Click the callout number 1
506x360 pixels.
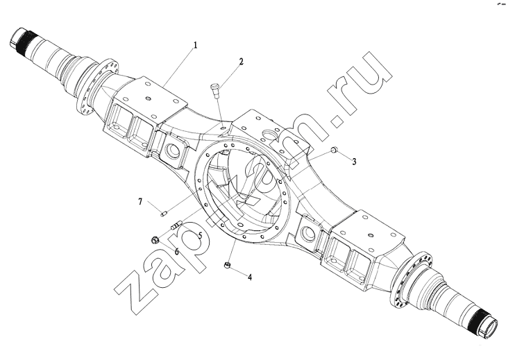point(195,45)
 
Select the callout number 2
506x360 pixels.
point(241,62)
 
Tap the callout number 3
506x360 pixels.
point(354,162)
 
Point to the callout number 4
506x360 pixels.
point(250,277)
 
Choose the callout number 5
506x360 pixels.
point(200,235)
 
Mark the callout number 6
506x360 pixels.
point(176,251)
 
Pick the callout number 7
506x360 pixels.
point(140,202)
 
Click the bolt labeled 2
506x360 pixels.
point(214,89)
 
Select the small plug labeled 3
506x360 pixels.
point(334,149)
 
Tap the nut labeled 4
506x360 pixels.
point(227,265)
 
